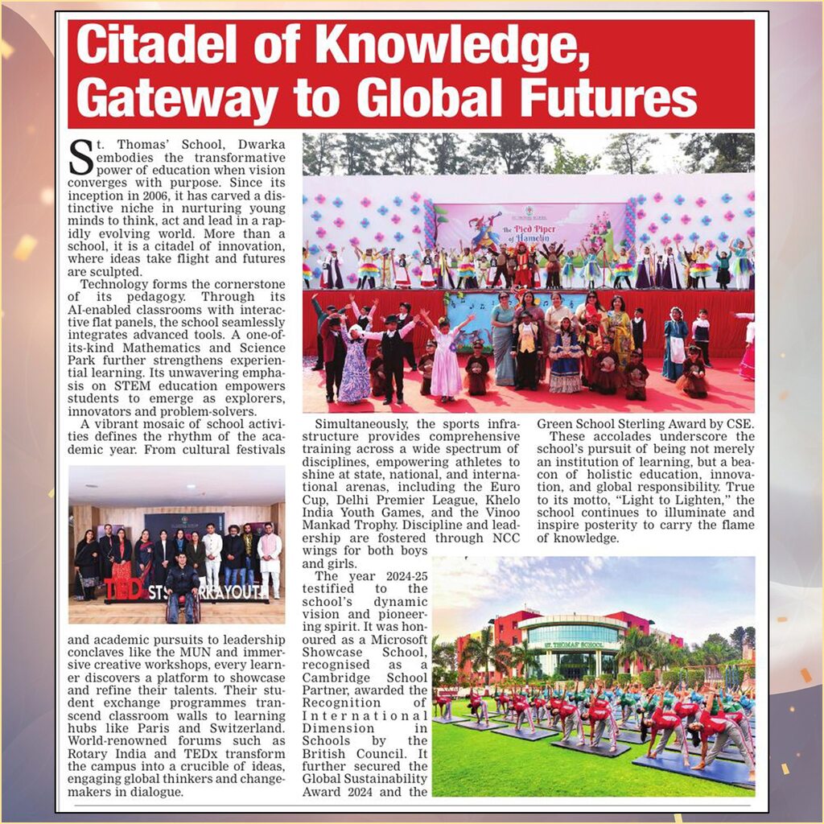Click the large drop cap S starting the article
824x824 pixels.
click(80, 156)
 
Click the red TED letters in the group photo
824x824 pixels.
click(124, 589)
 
